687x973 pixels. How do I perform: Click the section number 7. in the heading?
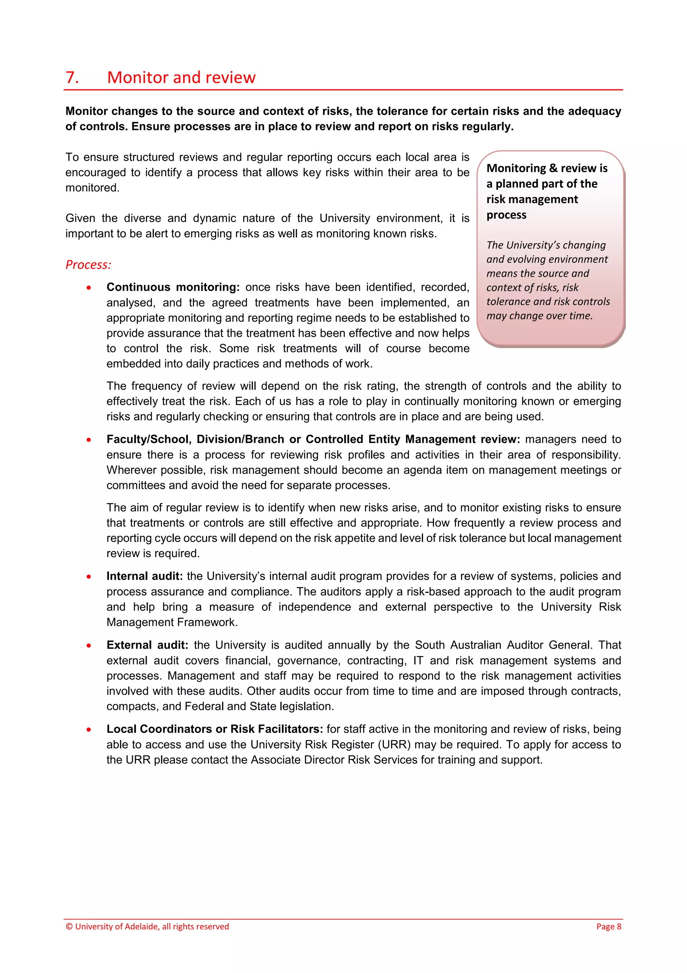point(72,78)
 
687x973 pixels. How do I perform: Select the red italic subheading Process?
point(88,265)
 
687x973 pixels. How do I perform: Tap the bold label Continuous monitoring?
point(173,287)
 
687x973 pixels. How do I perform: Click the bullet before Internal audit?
point(89,577)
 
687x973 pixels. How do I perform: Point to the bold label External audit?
point(147,645)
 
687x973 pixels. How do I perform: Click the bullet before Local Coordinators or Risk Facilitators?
point(89,730)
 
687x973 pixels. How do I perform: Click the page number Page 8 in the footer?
point(608,926)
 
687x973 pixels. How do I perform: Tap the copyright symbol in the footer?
point(69,926)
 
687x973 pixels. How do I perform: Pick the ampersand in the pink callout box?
point(553,168)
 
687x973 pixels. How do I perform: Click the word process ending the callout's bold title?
point(506,215)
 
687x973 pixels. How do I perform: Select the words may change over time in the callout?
point(539,316)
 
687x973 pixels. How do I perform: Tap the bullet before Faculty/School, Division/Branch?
point(89,440)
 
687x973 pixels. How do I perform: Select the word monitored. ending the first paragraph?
point(92,188)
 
